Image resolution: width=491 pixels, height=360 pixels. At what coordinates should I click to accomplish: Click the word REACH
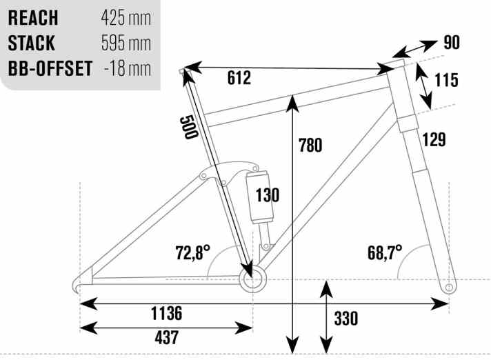(x=33, y=18)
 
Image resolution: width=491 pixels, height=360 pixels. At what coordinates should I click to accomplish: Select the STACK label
(x=31, y=43)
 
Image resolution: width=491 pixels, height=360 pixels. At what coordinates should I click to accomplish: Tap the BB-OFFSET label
(x=50, y=68)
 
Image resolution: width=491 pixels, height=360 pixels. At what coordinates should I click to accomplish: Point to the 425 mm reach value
(x=126, y=18)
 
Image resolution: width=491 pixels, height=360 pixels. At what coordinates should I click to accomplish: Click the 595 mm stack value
(x=126, y=43)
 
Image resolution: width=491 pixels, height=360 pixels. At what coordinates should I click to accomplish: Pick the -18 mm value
(x=127, y=68)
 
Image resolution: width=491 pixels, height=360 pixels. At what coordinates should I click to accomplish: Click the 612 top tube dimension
(x=239, y=78)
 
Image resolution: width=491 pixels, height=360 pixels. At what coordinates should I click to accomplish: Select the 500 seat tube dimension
(x=189, y=127)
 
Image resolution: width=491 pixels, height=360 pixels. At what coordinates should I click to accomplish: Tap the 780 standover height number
(x=310, y=146)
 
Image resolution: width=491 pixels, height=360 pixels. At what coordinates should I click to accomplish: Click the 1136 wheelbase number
(x=167, y=313)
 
